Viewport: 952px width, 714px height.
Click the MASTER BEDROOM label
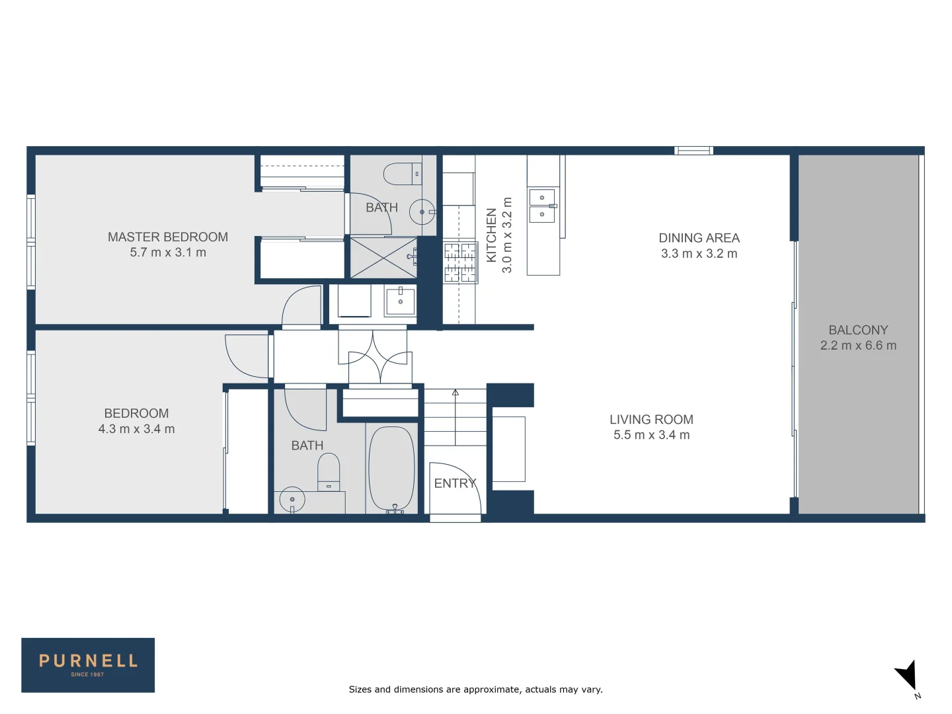pyautogui.click(x=167, y=237)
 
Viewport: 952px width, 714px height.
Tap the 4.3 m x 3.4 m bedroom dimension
pyautogui.click(x=136, y=429)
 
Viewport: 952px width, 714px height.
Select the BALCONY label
pyautogui.click(x=858, y=330)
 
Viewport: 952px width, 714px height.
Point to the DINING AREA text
pyautogui.click(x=699, y=238)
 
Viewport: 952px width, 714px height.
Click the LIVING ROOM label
pyautogui.click(x=651, y=419)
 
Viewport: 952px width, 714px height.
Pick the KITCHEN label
pyautogui.click(x=491, y=235)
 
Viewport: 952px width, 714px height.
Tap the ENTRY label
pyautogui.click(x=455, y=483)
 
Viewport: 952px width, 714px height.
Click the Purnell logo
pyautogui.click(x=88, y=664)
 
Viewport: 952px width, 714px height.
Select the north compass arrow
pyautogui.click(x=906, y=676)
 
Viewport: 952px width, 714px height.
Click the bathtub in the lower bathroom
pyautogui.click(x=391, y=469)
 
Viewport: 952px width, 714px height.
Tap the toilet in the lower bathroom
pyautogui.click(x=329, y=471)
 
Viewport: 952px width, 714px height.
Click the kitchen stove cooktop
pyautogui.click(x=459, y=262)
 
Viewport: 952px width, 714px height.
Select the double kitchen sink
pyautogui.click(x=542, y=206)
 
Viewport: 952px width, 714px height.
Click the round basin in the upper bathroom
pyautogui.click(x=422, y=212)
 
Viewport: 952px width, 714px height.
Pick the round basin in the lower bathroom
pyautogui.click(x=292, y=499)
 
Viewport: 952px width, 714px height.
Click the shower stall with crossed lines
pyautogui.click(x=383, y=257)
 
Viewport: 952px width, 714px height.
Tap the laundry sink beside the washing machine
pyautogui.click(x=400, y=301)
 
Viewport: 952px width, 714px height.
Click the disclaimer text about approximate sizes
pyautogui.click(x=475, y=690)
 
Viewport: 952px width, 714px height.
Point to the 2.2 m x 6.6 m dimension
pyautogui.click(x=858, y=345)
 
